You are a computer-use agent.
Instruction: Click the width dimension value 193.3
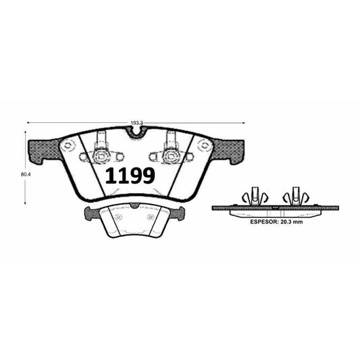[x=137, y=123]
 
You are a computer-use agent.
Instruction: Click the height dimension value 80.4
[x=26, y=174]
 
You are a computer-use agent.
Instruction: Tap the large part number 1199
[x=130, y=176]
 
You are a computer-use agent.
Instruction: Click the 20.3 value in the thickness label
[x=286, y=222]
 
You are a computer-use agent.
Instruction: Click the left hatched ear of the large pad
[x=44, y=151]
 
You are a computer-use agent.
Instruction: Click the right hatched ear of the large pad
[x=228, y=151]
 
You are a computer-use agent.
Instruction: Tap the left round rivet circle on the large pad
[x=68, y=145]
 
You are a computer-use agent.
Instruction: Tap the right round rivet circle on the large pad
[x=204, y=145]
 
